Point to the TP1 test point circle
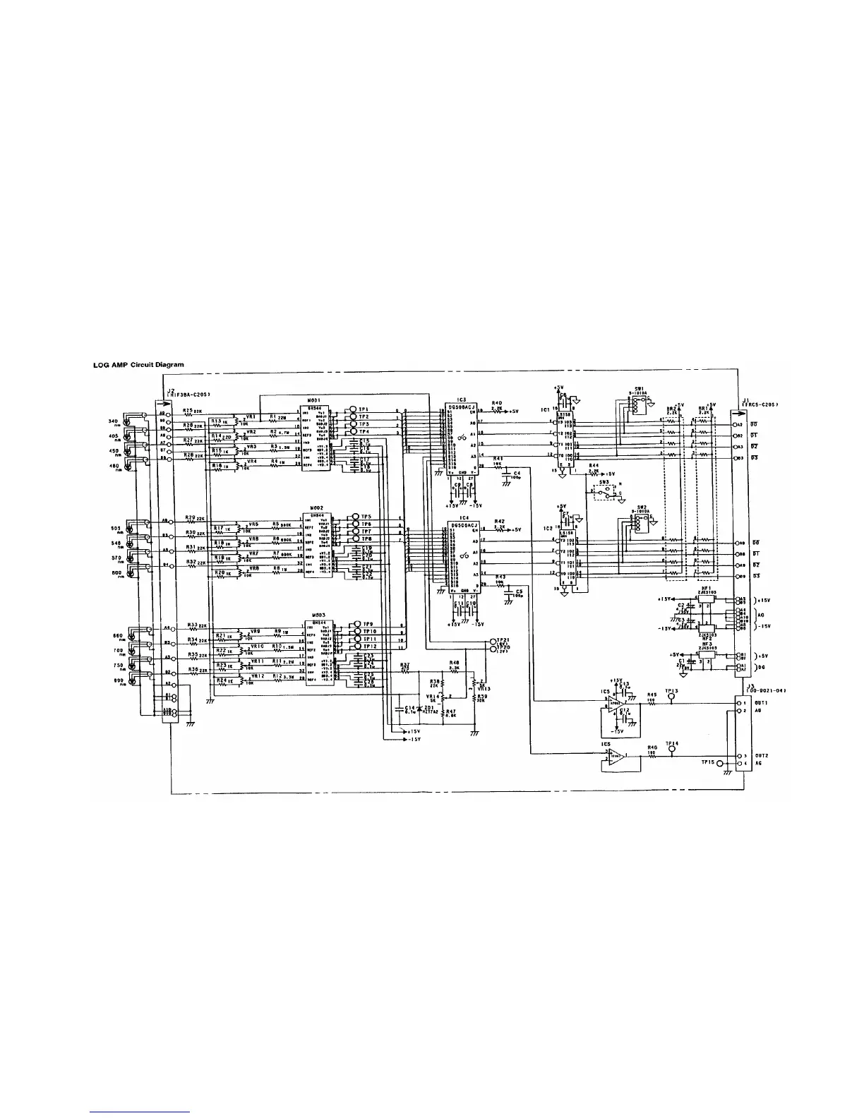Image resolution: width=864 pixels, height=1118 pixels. [351, 409]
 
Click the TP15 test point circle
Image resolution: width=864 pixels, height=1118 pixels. [720, 763]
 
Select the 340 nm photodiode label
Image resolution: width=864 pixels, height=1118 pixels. [113, 423]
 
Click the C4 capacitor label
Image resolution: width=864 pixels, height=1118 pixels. [517, 473]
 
